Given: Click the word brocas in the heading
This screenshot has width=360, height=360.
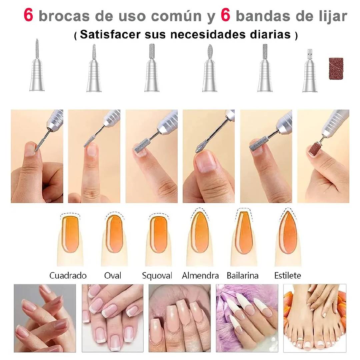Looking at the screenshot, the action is point(64,16).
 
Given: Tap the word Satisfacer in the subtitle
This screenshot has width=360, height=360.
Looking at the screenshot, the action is point(110,34).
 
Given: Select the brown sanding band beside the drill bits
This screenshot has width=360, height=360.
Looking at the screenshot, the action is point(336,69).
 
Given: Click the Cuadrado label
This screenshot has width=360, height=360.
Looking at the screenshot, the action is point(68,276).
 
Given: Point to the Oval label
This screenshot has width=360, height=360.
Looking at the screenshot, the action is point(113,276).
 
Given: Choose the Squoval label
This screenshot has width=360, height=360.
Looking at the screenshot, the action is point(157,276).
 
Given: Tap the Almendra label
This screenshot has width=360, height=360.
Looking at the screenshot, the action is point(200,276).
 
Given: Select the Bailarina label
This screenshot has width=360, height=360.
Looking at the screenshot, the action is point(242,276).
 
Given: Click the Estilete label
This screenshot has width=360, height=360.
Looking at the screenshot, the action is point(288,276).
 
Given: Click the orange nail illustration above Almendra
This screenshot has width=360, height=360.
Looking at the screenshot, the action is point(200,232).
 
